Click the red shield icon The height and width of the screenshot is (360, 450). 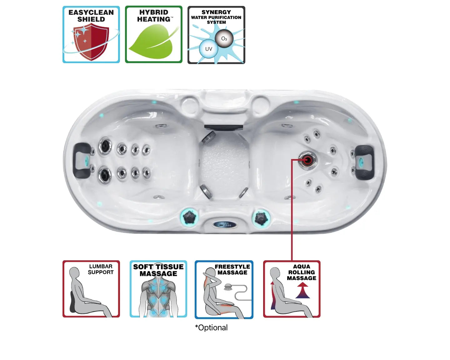click(x=91, y=42)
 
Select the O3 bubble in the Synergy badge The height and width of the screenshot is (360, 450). click(x=224, y=38)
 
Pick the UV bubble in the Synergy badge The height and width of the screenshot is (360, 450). click(x=208, y=49)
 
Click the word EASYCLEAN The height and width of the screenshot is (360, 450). click(x=91, y=12)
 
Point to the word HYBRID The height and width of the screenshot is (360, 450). click(x=154, y=12)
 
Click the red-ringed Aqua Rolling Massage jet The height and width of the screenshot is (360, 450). click(x=307, y=160)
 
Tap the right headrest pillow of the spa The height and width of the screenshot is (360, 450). click(x=364, y=162)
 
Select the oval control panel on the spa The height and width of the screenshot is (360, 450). click(x=225, y=224)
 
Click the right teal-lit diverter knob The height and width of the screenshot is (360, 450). click(x=261, y=218)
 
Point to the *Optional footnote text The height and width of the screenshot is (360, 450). click(x=211, y=327)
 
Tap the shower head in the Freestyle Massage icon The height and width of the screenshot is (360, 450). click(x=228, y=287)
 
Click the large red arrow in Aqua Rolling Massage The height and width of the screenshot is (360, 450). click(x=302, y=290)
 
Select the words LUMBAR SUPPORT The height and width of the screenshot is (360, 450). click(x=101, y=269)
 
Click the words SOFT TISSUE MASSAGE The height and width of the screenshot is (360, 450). click(x=158, y=270)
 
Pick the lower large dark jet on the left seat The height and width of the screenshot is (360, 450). click(x=105, y=175)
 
